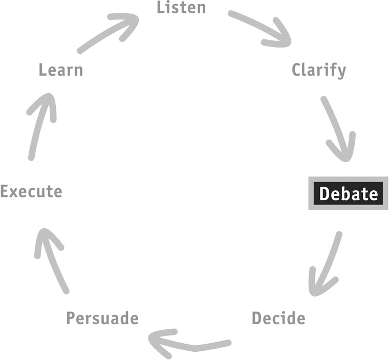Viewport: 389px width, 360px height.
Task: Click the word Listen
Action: (x=181, y=7)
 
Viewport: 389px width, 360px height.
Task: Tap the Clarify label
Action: (x=319, y=71)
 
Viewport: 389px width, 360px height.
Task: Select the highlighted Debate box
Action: (x=348, y=193)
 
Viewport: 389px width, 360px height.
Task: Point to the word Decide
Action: (x=278, y=318)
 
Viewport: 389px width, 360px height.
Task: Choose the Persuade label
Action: (x=102, y=318)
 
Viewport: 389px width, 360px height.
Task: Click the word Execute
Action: (x=31, y=191)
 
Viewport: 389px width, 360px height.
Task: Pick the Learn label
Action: (x=61, y=70)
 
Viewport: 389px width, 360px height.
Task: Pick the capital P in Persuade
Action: (x=71, y=318)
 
